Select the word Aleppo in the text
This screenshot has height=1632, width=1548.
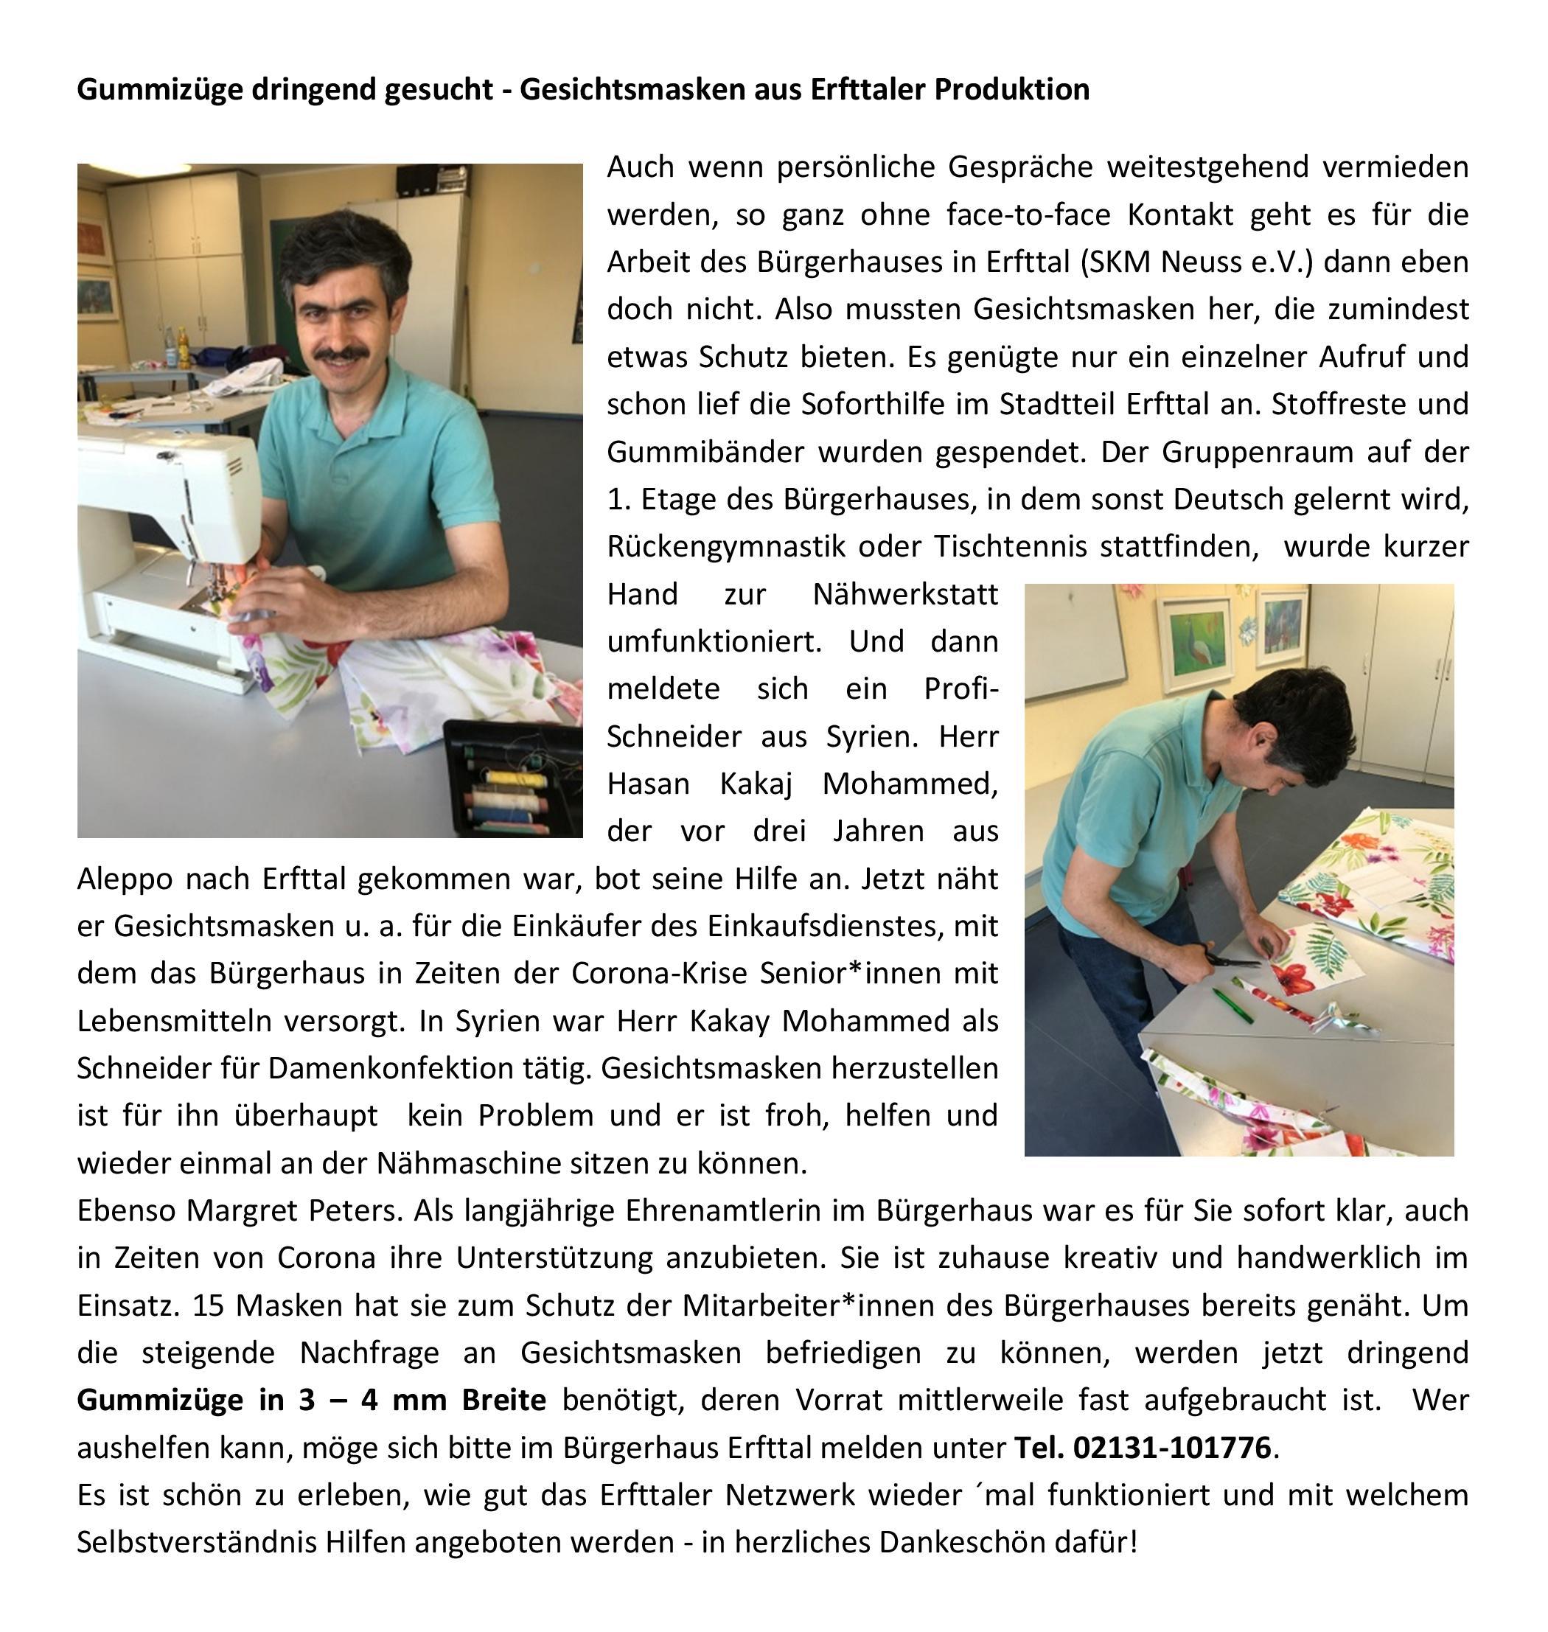(x=124, y=879)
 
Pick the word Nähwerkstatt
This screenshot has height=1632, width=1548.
(x=905, y=594)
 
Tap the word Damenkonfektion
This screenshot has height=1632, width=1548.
(x=429, y=1069)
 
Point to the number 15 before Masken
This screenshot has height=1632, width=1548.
(x=209, y=1305)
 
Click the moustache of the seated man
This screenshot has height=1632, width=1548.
(x=340, y=354)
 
